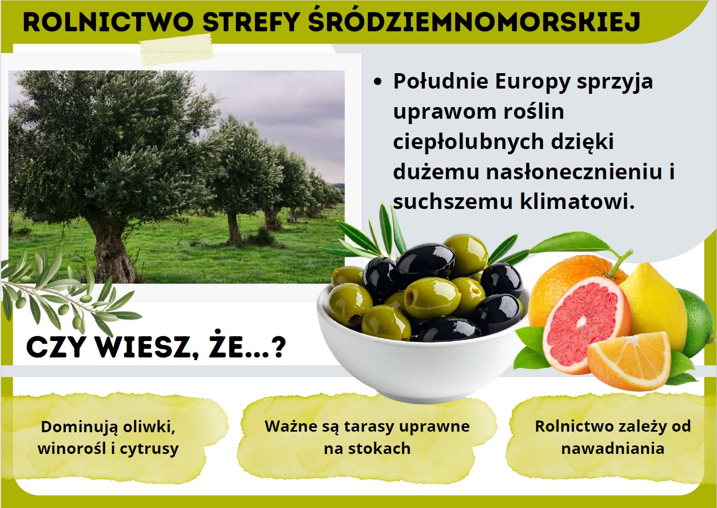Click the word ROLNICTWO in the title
coord(108,22)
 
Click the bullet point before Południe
coord(378,82)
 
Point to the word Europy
coord(533,83)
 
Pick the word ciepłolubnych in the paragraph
coord(468,143)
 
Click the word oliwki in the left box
coord(149,427)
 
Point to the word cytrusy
coord(149,449)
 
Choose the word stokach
coord(379,448)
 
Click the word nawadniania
coord(613,448)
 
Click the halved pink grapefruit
coord(582,326)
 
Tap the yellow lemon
coord(653,304)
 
